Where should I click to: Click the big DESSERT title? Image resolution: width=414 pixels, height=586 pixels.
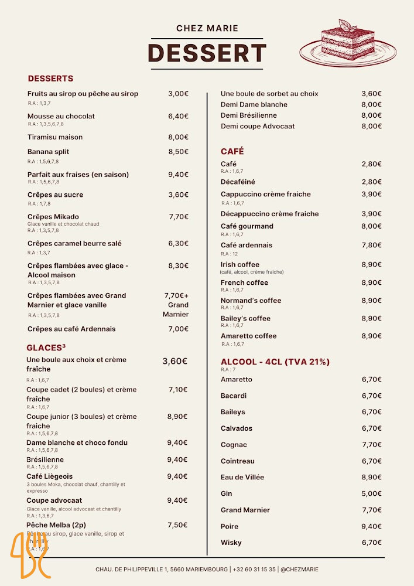[x=207, y=53]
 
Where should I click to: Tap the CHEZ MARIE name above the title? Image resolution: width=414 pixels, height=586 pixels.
[x=207, y=28]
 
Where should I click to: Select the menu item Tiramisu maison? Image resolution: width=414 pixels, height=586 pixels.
[x=55, y=137]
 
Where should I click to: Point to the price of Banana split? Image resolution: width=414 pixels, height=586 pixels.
[x=178, y=152]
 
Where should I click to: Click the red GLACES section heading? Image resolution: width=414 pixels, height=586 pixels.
[x=46, y=347]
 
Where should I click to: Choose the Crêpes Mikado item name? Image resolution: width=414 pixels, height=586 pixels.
[x=53, y=217]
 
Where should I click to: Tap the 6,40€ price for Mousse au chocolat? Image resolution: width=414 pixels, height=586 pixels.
[x=178, y=116]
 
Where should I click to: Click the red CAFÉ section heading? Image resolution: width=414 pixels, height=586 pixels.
[x=232, y=152]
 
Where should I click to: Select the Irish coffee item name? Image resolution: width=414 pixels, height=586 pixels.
[x=240, y=264]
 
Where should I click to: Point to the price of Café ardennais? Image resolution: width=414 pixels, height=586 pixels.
[x=371, y=245]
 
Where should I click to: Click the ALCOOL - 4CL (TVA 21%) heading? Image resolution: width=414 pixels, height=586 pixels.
[x=275, y=362]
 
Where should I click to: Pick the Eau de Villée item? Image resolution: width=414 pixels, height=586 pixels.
[x=242, y=477]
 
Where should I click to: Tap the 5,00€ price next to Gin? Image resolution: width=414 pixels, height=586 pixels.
[x=371, y=493]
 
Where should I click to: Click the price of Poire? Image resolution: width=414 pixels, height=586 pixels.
[x=371, y=526]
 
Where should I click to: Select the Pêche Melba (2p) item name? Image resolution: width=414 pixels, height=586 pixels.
[x=56, y=525]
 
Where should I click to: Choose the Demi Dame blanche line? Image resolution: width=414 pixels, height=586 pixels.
[x=254, y=104]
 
